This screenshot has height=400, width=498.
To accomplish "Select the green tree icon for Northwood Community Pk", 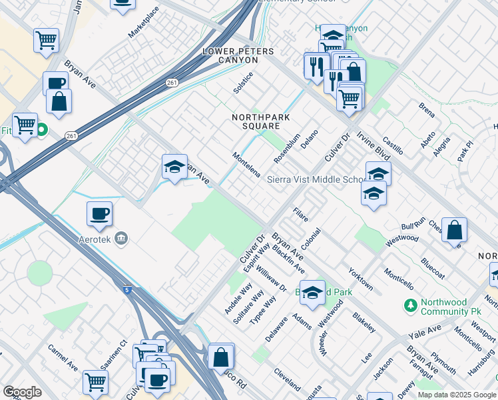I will click(411, 306).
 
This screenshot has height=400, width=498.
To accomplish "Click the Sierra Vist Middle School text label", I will click(316, 180).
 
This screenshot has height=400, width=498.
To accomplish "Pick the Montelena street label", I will click(246, 165).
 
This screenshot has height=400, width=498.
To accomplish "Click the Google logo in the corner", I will click(22, 392).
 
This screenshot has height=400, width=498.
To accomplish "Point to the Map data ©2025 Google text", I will click(457, 395).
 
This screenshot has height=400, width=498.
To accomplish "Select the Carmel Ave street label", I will click(63, 358).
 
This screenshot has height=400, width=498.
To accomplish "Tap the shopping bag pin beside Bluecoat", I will click(454, 231).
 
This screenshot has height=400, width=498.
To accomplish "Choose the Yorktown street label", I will click(360, 279).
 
